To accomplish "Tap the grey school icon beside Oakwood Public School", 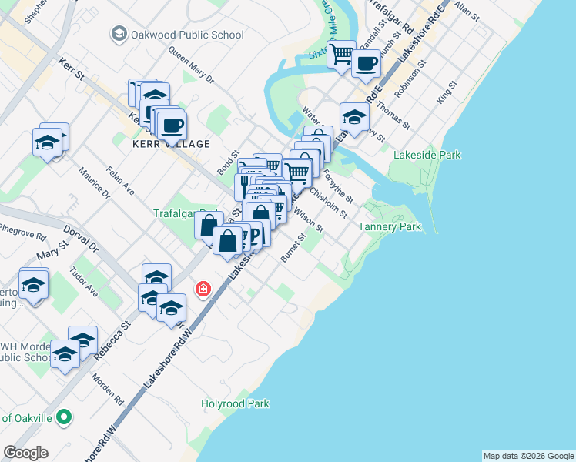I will tap(119, 35).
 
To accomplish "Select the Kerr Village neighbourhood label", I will tap(172, 144).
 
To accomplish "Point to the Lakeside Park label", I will tap(427, 155).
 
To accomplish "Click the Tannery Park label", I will tap(390, 227).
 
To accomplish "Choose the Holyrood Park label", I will tap(235, 403).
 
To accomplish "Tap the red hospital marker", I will tap(203, 289).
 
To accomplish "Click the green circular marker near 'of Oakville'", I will tap(65, 418).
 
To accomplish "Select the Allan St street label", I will tap(467, 9).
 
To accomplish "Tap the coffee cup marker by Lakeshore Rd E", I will tap(366, 63).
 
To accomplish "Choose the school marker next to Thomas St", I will tap(353, 117).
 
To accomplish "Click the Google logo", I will tap(25, 453).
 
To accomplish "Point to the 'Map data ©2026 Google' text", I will tap(528, 456).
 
